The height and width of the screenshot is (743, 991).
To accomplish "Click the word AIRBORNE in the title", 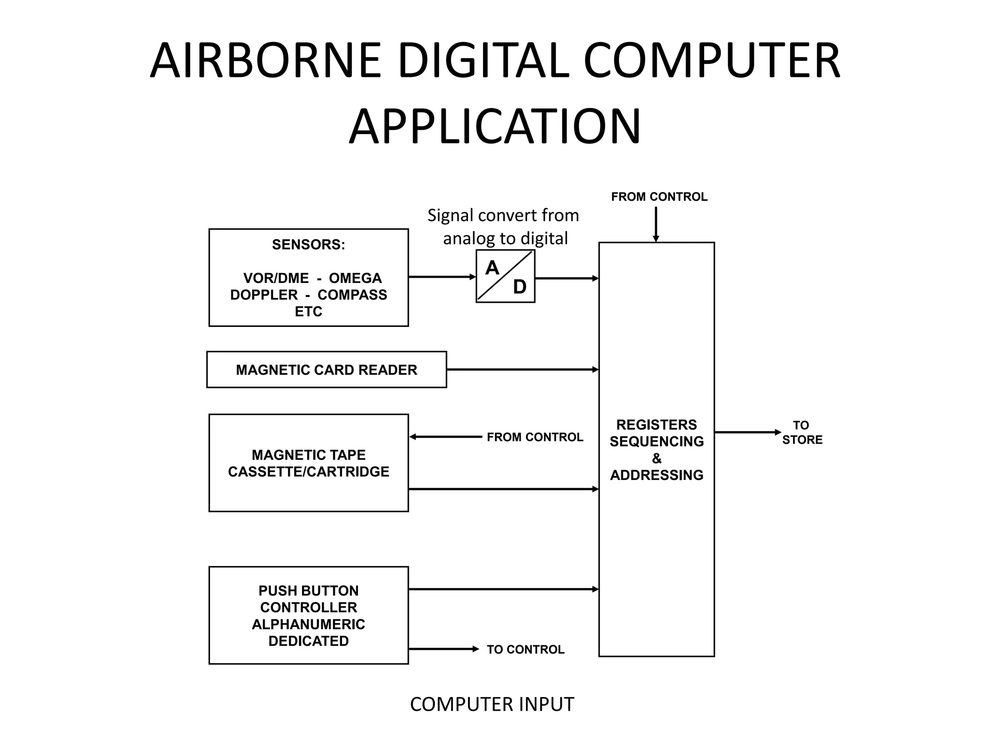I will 266,61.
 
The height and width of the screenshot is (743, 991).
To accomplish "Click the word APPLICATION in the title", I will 495,127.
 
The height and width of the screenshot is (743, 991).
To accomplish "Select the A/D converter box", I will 505,276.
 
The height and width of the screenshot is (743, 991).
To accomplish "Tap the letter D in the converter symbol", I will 519,287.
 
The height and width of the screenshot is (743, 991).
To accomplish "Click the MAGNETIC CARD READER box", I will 326,370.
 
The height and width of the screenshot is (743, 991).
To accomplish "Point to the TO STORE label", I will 802,432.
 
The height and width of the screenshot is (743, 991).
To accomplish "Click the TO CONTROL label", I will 525,649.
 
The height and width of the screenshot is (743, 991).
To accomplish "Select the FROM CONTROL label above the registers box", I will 659,197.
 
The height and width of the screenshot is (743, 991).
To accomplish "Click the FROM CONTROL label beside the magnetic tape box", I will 535,437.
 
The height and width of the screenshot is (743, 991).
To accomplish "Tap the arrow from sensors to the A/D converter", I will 442,277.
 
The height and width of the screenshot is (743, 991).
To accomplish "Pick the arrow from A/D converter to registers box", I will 567,279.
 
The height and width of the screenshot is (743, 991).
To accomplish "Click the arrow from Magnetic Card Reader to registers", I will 523,370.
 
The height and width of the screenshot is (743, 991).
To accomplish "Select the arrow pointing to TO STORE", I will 748,432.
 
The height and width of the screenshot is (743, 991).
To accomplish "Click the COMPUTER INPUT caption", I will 492,705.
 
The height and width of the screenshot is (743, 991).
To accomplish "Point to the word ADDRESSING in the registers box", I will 657,475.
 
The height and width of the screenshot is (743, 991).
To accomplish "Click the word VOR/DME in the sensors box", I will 276,278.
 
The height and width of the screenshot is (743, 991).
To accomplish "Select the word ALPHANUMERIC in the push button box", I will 308,624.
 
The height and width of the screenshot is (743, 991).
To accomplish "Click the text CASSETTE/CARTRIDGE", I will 308,472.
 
